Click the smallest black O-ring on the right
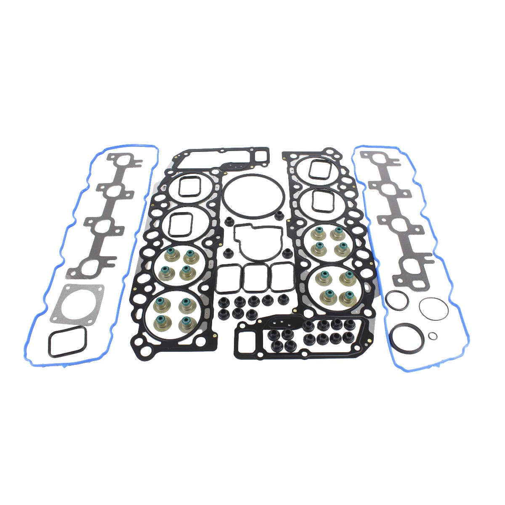432,335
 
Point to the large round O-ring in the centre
253,197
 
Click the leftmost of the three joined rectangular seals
229,278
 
